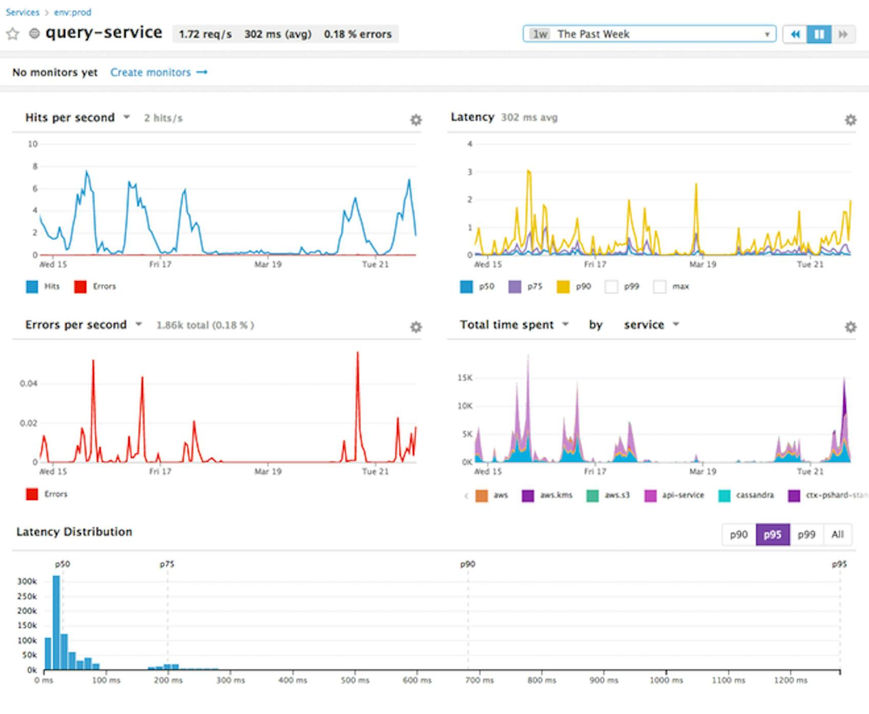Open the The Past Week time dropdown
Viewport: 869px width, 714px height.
click(649, 34)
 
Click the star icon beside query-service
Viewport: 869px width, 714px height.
click(13, 34)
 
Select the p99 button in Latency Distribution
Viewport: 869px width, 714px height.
click(806, 534)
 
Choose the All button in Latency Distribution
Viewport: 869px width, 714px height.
click(837, 534)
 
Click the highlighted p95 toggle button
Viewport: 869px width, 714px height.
click(772, 534)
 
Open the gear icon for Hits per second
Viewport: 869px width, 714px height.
click(416, 120)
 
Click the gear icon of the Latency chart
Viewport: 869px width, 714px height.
click(850, 120)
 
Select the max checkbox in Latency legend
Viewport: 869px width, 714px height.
click(660, 286)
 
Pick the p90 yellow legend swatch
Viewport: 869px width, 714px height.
click(563, 286)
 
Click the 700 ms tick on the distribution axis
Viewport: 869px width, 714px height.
click(480, 680)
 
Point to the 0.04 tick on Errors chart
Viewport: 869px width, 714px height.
click(28, 383)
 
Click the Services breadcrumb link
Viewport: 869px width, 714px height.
click(23, 12)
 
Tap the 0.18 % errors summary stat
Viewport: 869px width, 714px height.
click(358, 34)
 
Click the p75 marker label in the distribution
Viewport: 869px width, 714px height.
click(167, 564)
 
